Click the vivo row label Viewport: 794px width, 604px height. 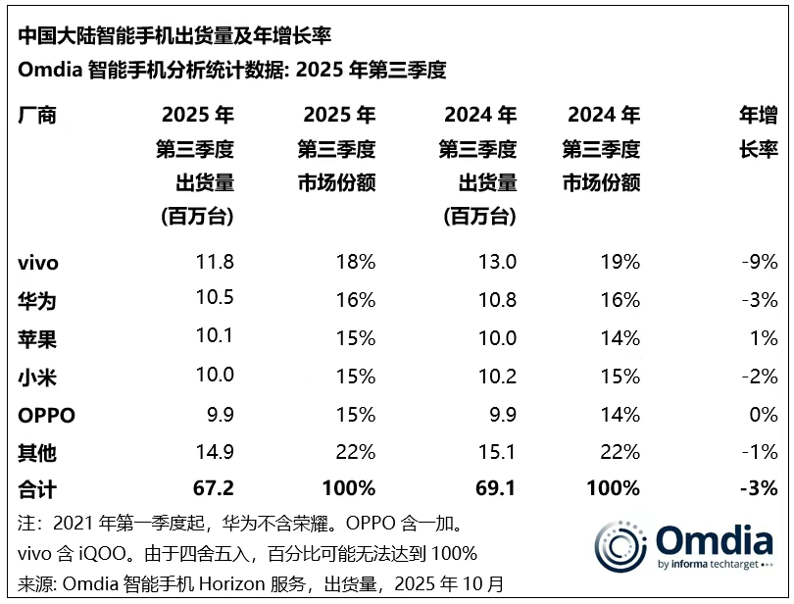[38, 263]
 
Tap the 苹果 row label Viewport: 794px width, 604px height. [37, 339]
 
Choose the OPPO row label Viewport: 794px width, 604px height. [46, 415]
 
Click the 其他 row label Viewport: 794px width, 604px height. [37, 452]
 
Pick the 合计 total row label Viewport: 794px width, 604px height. [37, 488]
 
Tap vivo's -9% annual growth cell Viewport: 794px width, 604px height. [759, 263]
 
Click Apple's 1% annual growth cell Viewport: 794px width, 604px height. [765, 339]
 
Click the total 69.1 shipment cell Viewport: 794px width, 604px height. [494, 488]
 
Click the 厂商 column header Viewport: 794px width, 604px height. [37, 116]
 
